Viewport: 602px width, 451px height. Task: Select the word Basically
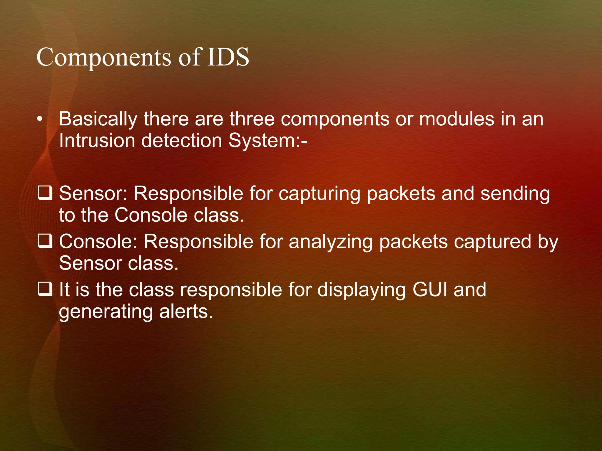(x=98, y=120)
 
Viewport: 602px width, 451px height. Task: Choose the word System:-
(x=268, y=141)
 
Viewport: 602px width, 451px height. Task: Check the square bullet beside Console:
(x=45, y=242)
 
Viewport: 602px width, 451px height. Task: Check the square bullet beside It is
(x=45, y=290)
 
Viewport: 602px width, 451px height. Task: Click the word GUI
(x=430, y=290)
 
